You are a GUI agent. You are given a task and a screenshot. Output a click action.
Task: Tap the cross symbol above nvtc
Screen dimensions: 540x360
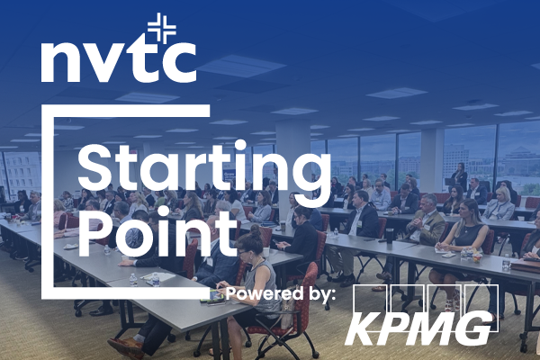tap(162, 28)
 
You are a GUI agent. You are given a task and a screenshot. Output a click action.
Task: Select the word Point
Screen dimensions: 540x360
tap(157, 234)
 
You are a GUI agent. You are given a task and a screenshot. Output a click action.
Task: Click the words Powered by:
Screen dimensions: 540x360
tap(280, 294)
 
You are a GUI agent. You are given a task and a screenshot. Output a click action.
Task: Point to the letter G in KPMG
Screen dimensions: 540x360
tap(471, 328)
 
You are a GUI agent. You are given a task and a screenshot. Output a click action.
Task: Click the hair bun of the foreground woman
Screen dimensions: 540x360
tap(256, 229)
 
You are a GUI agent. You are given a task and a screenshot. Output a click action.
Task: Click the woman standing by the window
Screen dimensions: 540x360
tap(460, 176)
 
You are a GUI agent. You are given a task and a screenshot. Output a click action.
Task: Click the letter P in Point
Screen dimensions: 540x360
tap(95, 234)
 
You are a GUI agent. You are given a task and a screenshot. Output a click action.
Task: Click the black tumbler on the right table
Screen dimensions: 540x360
tap(390, 236)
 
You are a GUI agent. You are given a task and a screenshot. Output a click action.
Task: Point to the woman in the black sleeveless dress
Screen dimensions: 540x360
tap(462, 241)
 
